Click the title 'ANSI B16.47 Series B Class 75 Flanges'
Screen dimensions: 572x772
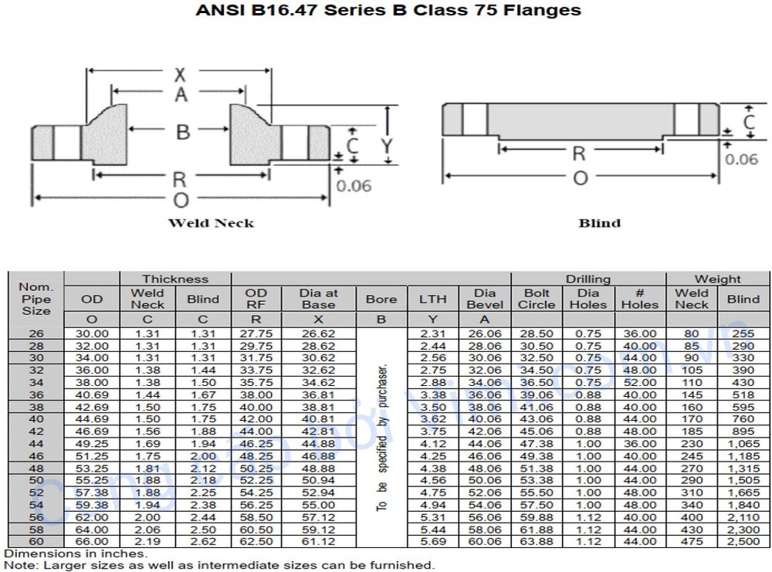pyautogui.click(x=388, y=11)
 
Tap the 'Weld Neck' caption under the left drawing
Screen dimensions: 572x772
pyautogui.click(x=211, y=223)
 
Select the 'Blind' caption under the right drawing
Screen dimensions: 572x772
pyautogui.click(x=599, y=223)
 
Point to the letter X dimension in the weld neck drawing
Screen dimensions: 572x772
pyautogui.click(x=180, y=75)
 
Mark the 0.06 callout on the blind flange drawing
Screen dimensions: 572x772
pyautogui.click(x=741, y=160)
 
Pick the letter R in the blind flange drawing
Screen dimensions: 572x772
pyautogui.click(x=578, y=154)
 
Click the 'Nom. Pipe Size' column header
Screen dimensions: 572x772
pyautogui.click(x=36, y=299)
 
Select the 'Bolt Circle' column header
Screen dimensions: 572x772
pyautogui.click(x=536, y=299)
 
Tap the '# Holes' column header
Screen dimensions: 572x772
pyautogui.click(x=639, y=299)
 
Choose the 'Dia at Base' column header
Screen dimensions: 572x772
pyautogui.click(x=319, y=299)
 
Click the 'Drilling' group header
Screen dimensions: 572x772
pyautogui.click(x=587, y=279)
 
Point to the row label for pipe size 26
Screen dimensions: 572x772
pyautogui.click(x=36, y=333)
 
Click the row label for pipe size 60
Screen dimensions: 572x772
pyautogui.click(x=36, y=542)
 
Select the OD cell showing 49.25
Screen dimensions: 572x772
pyautogui.click(x=91, y=444)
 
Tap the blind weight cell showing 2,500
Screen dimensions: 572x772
pyautogui.click(x=743, y=542)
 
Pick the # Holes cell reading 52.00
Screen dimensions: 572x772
pyautogui.click(x=639, y=382)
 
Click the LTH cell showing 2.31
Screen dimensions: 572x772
pyautogui.click(x=432, y=333)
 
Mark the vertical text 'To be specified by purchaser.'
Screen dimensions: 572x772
pyautogui.click(x=381, y=436)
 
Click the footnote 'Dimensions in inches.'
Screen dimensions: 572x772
pyautogui.click(x=76, y=553)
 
